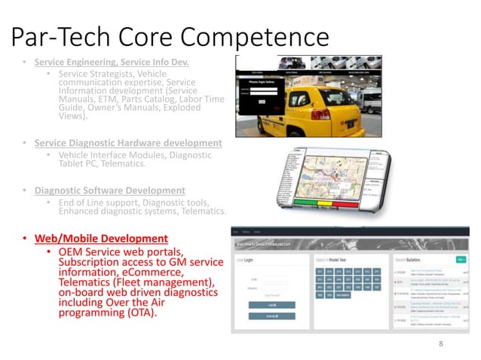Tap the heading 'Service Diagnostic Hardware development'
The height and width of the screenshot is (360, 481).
(x=128, y=143)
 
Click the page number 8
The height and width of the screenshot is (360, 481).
(x=441, y=343)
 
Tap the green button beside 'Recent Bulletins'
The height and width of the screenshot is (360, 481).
(x=460, y=260)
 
